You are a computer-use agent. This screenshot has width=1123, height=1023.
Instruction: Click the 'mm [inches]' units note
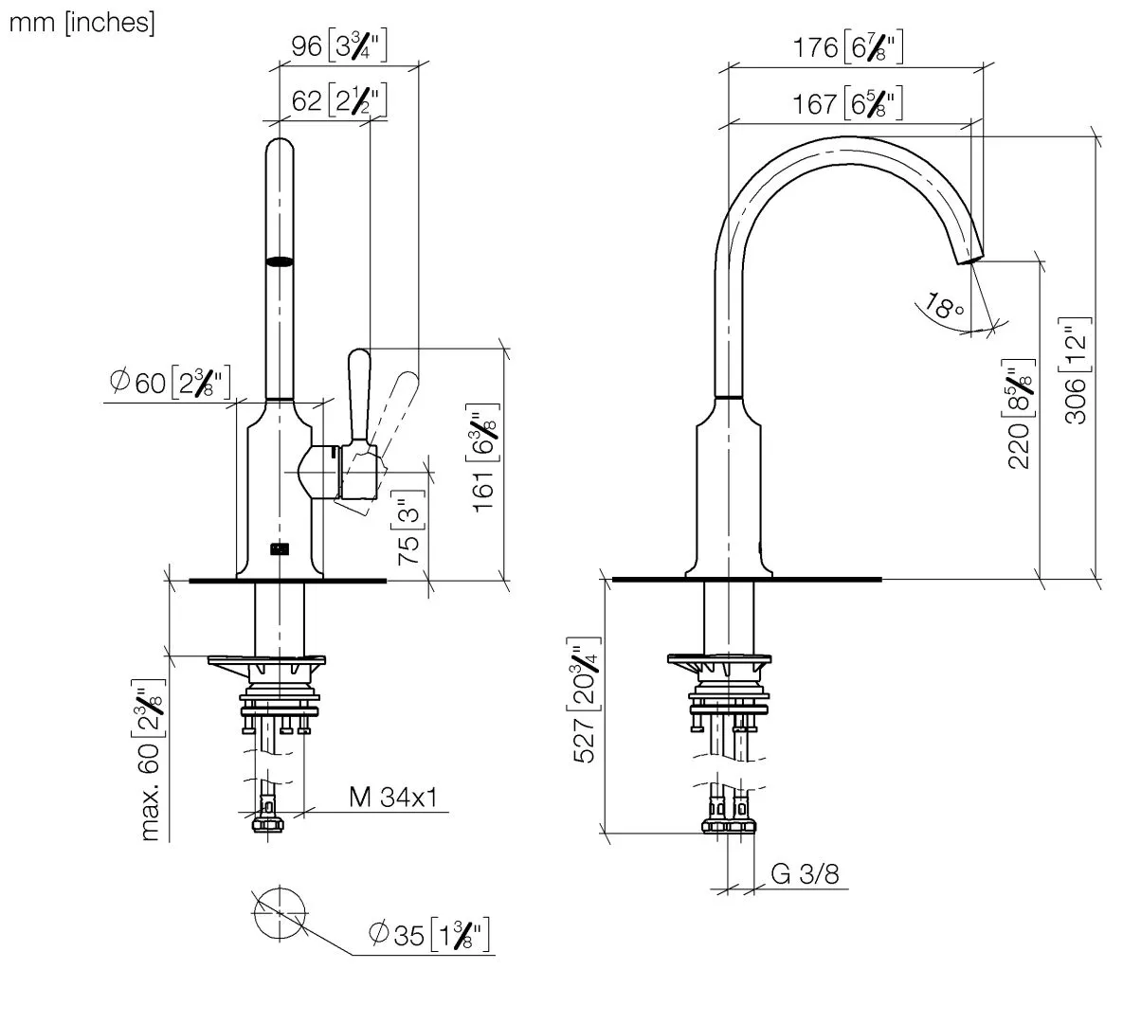pyautogui.click(x=81, y=23)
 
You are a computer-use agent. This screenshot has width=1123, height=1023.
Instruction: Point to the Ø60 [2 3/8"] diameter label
pyautogui.click(x=170, y=384)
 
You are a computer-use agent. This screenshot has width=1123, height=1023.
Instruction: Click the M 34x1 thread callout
pyautogui.click(x=392, y=799)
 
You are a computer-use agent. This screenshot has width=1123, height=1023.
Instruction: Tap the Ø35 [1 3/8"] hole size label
pyautogui.click(x=429, y=936)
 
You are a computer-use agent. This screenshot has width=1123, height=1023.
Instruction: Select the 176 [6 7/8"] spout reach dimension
pyautogui.click(x=846, y=47)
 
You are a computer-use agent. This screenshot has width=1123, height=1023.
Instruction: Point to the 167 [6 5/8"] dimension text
pyautogui.click(x=846, y=103)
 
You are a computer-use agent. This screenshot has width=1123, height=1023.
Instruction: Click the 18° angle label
pyautogui.click(x=945, y=308)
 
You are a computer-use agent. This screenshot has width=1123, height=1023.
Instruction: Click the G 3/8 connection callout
pyautogui.click(x=806, y=873)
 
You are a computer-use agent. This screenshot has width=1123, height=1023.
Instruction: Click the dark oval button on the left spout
pyautogui.click(x=280, y=262)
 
